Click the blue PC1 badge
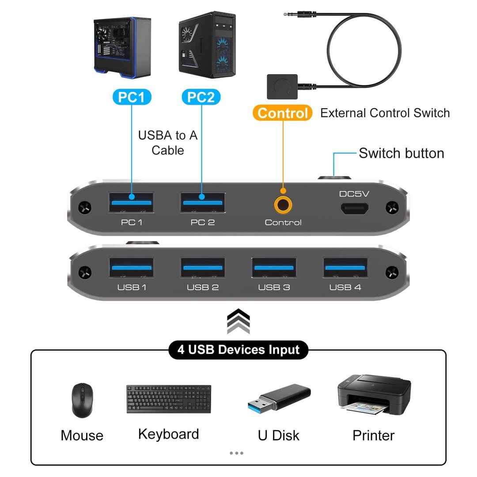tap(132, 97)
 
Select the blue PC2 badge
tap(201, 97)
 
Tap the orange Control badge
tap(282, 113)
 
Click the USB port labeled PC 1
tap(132, 203)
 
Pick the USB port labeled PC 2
tap(203, 203)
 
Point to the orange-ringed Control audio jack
tap(283, 204)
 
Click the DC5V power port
tap(354, 209)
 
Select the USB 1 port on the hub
tap(132, 268)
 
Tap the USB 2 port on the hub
tap(203, 268)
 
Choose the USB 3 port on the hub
tap(274, 268)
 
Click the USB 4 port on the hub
tap(345, 268)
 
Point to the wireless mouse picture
tap(82, 400)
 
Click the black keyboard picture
tap(169, 399)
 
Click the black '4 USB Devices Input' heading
tap(238, 350)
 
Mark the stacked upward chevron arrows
tap(238, 321)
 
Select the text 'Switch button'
tap(401, 153)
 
